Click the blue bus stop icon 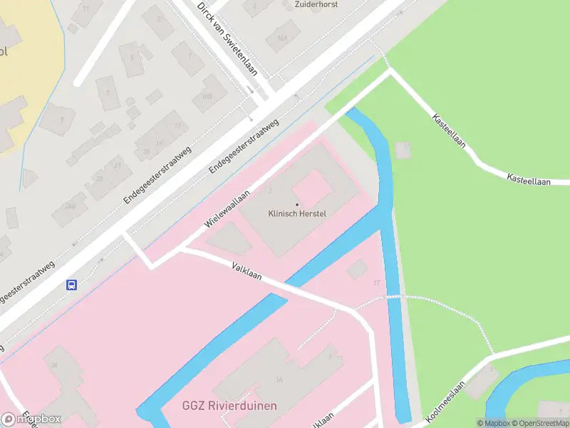[x=72, y=285]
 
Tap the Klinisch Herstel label [x=297, y=213]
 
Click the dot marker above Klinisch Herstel [x=297, y=205]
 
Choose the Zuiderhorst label [x=316, y=4]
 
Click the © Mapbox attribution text [x=493, y=423]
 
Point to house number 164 [x=283, y=38]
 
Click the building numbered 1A [x=279, y=379]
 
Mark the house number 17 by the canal [x=376, y=283]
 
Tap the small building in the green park [x=404, y=150]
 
